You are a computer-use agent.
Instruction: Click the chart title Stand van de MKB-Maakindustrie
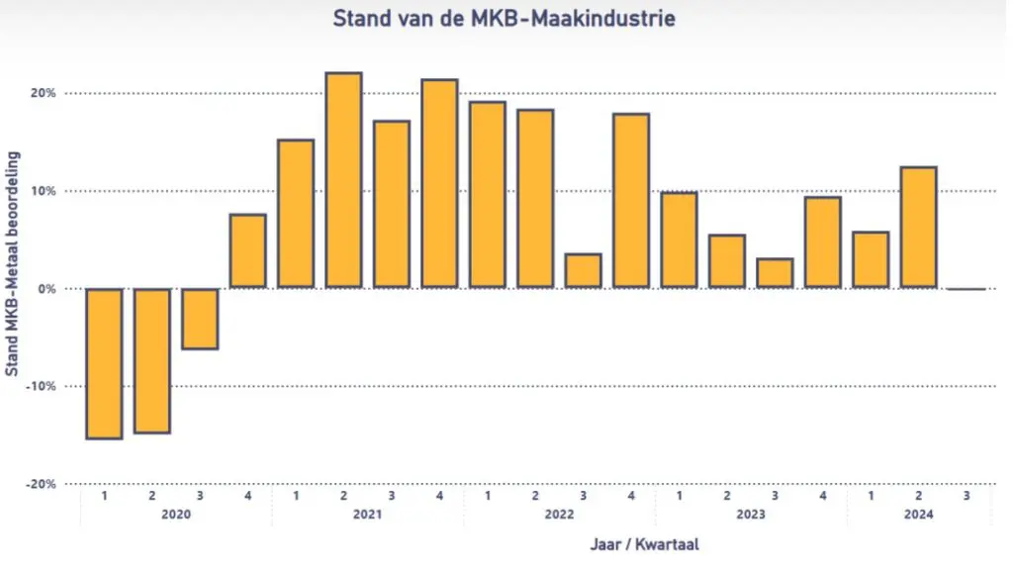pos(505,18)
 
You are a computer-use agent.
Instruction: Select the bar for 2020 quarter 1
pos(104,362)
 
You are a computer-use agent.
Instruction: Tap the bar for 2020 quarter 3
pos(200,318)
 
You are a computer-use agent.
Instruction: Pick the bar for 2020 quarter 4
pos(247,251)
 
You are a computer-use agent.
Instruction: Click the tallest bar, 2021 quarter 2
pos(343,180)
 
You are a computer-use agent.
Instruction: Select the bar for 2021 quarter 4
pos(439,184)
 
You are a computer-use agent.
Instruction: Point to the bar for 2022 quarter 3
pos(583,271)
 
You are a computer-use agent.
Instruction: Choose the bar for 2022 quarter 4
pos(631,201)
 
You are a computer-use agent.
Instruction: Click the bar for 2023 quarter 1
pos(679,240)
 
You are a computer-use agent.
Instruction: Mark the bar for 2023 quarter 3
pos(775,273)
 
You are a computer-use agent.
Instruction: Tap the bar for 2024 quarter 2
pos(918,228)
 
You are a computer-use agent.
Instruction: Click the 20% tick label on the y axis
pos(43,94)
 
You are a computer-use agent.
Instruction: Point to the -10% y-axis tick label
pos(40,386)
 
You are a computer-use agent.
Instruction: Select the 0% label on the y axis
pos(46,289)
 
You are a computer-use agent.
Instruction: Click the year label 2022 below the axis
pos(559,515)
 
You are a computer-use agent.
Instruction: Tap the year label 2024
pos(918,515)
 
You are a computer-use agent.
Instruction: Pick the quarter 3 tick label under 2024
pos(967,495)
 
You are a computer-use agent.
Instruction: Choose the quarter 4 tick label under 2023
pos(822,495)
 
